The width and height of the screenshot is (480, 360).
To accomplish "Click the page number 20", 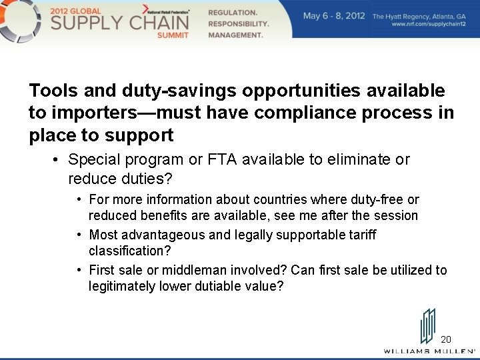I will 446,339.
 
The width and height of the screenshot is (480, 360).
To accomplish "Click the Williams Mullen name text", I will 429,351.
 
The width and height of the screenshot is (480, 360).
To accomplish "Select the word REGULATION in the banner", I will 233,13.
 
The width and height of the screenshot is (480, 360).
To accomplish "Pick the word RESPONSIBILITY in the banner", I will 239,23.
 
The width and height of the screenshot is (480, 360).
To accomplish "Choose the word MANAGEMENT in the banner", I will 235,35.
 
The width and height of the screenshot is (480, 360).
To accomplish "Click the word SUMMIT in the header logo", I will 173,35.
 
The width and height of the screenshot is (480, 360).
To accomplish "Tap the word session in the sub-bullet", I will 397,216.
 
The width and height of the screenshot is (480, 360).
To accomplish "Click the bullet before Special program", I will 57,160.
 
